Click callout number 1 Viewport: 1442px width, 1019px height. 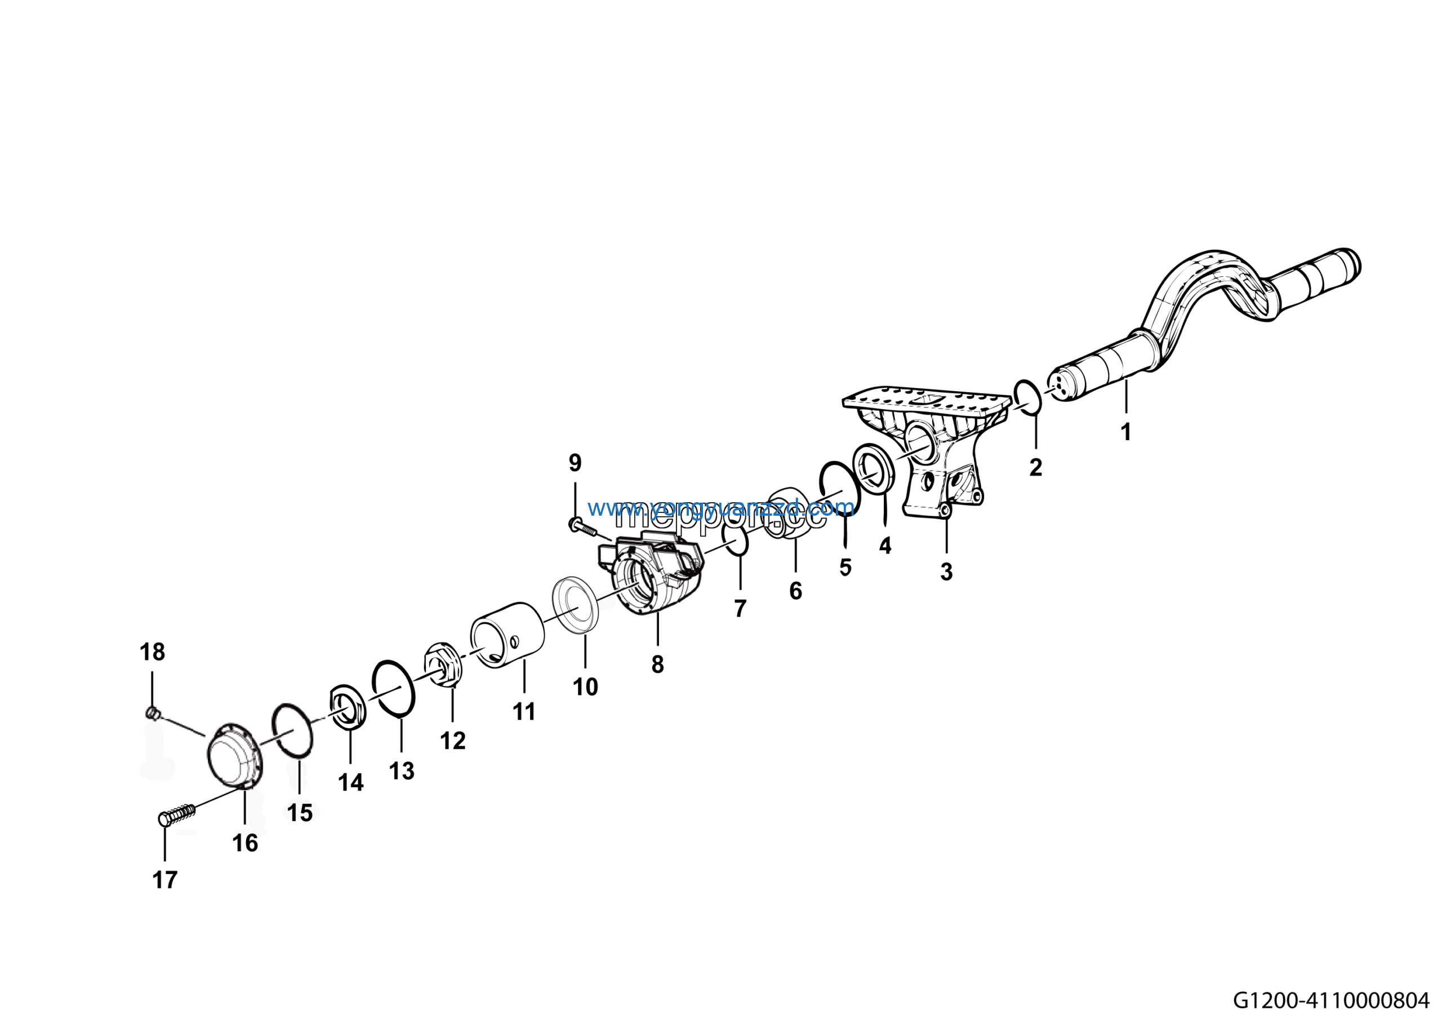1125,432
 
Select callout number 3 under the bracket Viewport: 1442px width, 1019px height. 946,571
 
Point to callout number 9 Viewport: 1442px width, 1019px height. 575,463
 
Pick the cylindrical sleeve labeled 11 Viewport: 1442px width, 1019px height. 508,635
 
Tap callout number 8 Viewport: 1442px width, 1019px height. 657,664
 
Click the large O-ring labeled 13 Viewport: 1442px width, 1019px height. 393,689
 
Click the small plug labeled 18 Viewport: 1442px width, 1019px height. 152,712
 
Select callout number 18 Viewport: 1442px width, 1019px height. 152,652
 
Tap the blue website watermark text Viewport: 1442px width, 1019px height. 721,507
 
